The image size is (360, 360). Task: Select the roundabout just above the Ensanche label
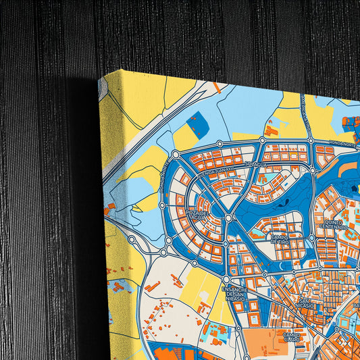point(226,278)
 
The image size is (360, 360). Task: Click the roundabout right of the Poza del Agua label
point(229,218)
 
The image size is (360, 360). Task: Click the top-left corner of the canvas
point(101,80)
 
